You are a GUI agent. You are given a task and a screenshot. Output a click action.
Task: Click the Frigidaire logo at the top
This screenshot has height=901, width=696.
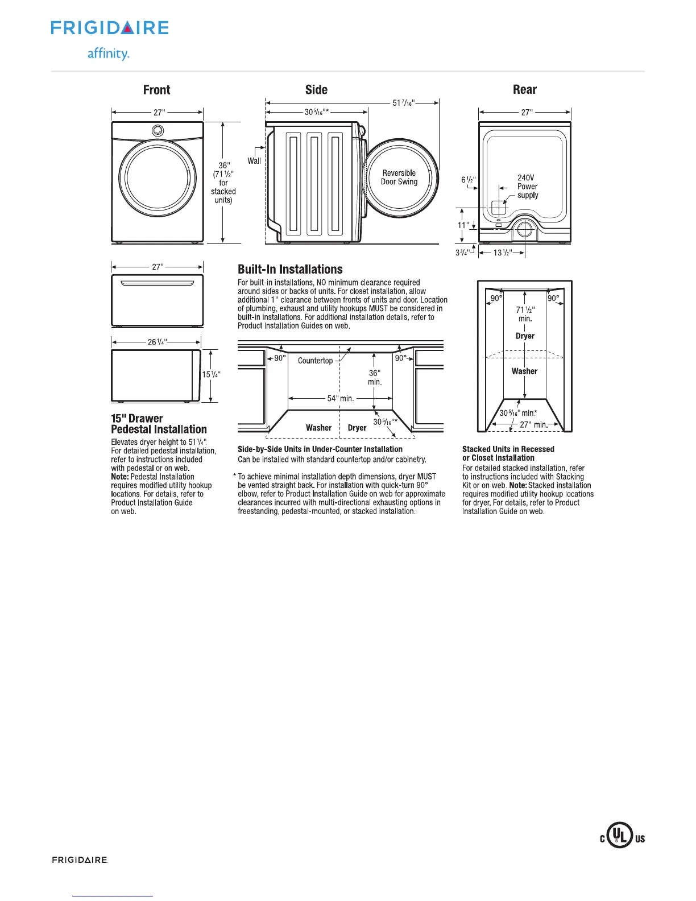pos(110,28)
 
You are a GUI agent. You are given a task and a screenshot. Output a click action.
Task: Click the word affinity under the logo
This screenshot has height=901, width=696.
pos(108,54)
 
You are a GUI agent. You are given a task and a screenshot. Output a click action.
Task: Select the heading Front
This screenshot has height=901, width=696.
pos(156,90)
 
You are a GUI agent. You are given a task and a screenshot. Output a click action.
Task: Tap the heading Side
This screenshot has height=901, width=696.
pos(316,90)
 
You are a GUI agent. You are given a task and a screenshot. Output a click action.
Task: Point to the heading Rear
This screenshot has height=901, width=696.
pos(524,90)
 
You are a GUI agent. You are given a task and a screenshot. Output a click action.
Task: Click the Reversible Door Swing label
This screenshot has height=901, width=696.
pos(399,177)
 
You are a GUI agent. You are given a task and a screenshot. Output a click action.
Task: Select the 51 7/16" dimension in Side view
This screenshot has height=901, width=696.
pos(403,103)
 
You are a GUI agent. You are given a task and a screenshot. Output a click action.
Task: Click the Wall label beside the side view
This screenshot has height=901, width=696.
pos(254,161)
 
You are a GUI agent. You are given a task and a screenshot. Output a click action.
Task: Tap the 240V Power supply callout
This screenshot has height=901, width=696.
pos(527,187)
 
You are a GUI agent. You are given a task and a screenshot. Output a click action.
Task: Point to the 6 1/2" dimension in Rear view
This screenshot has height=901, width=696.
pos(469,180)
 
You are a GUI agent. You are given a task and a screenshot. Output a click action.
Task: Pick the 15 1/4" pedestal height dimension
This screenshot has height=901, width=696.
pos(211,374)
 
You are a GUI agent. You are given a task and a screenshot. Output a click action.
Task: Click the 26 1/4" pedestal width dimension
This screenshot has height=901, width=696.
pos(156,342)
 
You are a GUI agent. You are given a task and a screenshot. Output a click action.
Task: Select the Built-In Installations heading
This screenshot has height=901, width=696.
pos(290,270)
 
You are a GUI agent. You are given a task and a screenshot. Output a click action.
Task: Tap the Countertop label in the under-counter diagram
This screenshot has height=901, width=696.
pos(315,361)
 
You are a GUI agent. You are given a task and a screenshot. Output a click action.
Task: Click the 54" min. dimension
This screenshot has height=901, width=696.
pos(340,398)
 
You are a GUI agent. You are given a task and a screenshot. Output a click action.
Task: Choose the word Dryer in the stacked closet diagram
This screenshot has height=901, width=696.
pos(525,336)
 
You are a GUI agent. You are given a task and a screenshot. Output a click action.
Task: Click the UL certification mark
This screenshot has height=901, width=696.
pos(622,837)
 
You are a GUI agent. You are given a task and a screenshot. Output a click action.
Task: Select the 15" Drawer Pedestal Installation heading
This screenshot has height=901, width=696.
pos(159,424)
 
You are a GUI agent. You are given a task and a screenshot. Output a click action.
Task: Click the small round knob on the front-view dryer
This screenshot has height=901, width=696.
pos(158,131)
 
